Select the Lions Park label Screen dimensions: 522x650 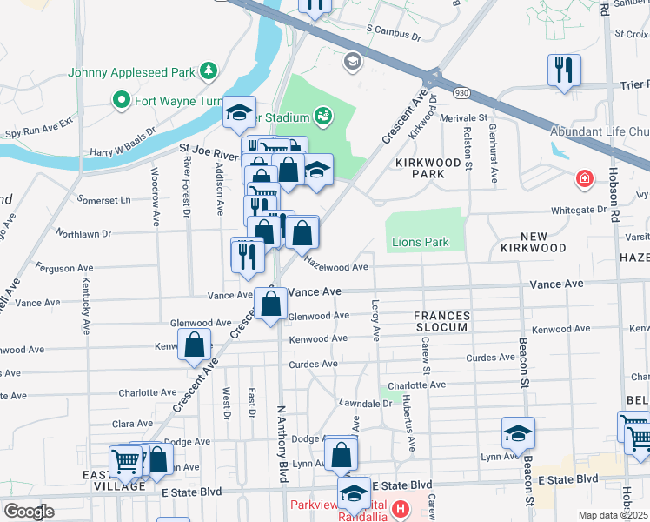420,242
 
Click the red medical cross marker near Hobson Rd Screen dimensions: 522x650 585,180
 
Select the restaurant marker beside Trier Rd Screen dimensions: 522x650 564,70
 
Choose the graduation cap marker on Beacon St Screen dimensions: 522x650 518,433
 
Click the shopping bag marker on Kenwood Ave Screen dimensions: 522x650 194,345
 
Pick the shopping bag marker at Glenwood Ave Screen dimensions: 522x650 271,305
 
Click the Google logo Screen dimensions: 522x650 29,511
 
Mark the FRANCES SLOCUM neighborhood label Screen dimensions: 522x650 441,321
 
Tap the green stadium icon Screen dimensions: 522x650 322,115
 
